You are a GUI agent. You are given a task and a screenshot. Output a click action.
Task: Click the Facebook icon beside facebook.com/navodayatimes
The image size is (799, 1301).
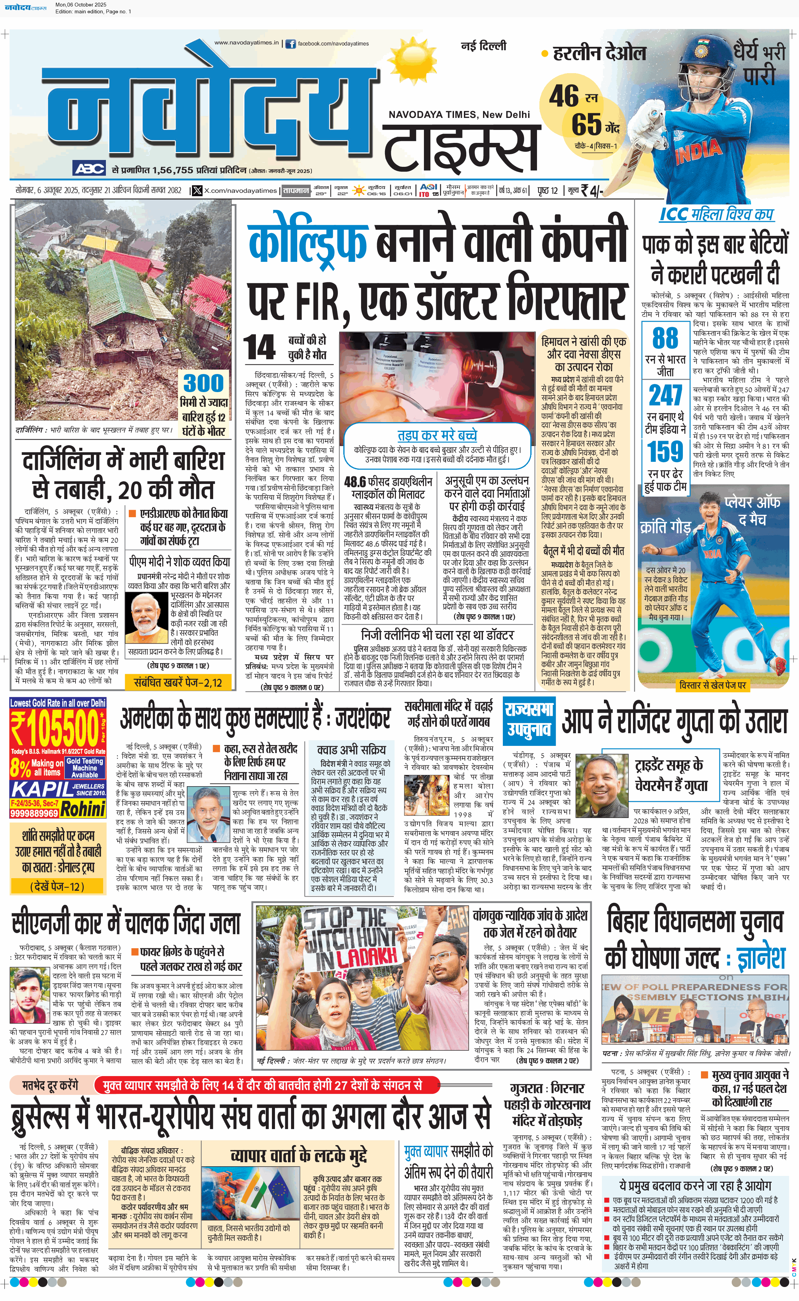coord(290,44)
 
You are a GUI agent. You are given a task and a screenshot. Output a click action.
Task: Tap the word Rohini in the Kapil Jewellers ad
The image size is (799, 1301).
coord(83,809)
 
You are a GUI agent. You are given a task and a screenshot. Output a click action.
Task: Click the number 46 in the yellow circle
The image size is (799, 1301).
coord(564,96)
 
